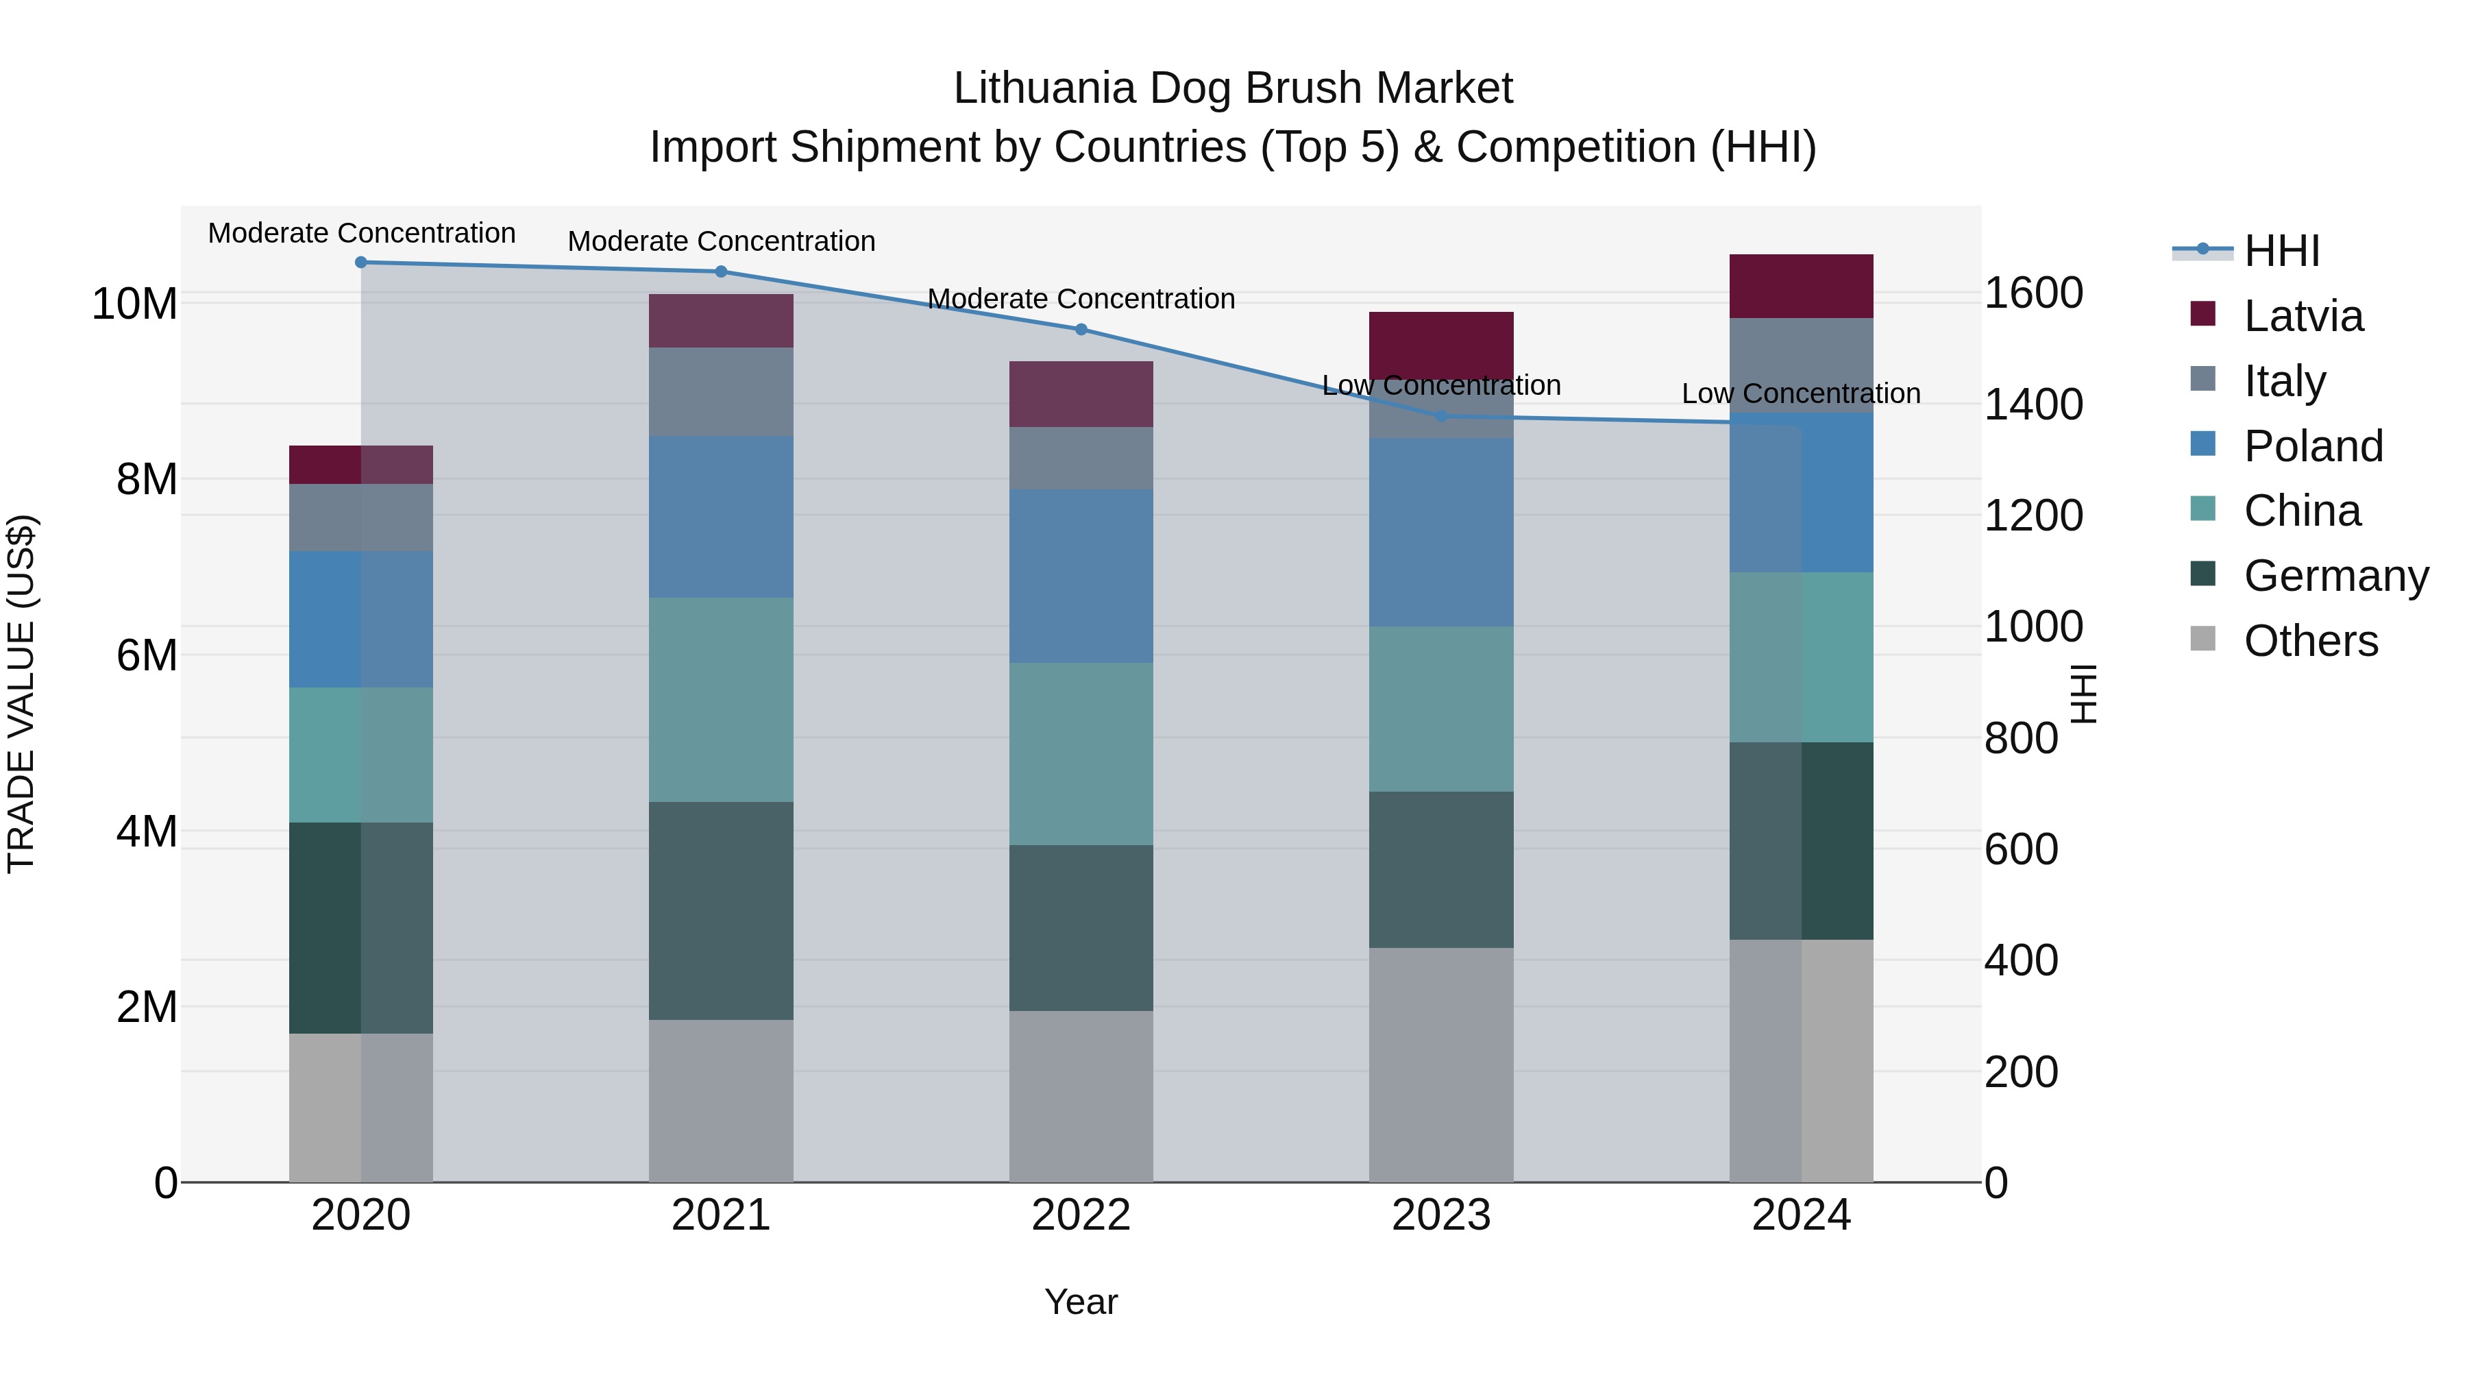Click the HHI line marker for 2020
coord(361,263)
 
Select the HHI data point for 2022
coord(1081,330)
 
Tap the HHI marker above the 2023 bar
coord(1441,417)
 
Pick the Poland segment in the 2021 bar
coord(721,518)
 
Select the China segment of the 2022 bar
coord(1081,754)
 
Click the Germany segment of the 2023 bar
coord(1441,870)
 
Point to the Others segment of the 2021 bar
coord(721,1101)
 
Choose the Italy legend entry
coord(2284,381)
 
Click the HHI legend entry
coord(2281,251)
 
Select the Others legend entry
coord(2310,641)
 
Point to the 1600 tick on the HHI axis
coord(2033,293)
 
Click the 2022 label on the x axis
coord(1081,1215)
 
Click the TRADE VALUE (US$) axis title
coord(21,694)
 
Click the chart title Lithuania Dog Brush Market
coord(1233,88)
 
